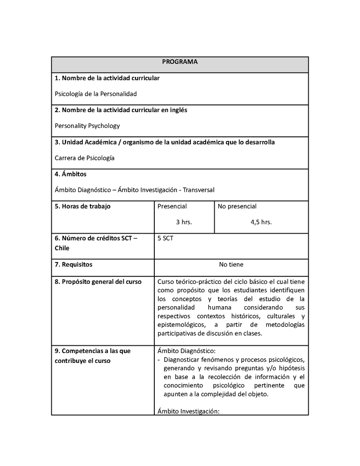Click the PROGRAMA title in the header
(180, 62)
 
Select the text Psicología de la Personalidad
(95, 94)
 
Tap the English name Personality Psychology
(87, 126)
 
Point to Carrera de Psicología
(85, 158)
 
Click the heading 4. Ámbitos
(71, 174)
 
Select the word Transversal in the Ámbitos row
(199, 190)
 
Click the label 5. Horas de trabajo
(82, 206)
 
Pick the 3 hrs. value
(184, 222)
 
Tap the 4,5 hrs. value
(261, 222)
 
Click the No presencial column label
(237, 206)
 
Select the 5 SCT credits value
(165, 238)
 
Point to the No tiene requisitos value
(231, 265)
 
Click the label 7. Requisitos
(73, 265)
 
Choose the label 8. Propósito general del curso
(98, 282)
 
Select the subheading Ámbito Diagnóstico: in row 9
(186, 351)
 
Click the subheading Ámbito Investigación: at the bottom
(188, 411)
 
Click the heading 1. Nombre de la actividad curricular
(107, 78)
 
